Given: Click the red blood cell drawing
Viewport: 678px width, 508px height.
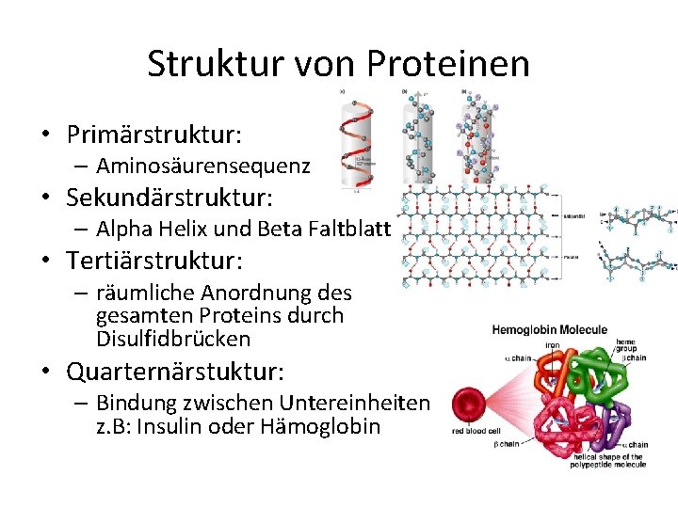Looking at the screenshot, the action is pyautogui.click(x=470, y=407).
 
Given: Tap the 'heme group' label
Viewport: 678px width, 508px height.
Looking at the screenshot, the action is pyautogui.click(x=626, y=346).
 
